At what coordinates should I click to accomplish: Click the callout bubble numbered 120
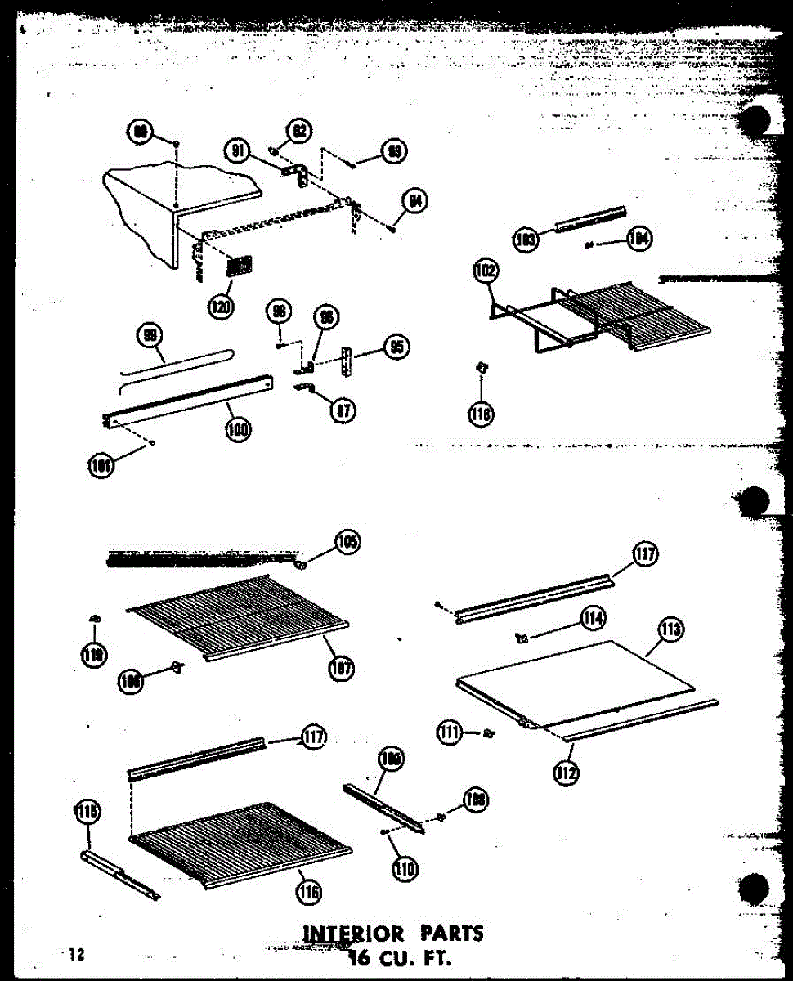tap(220, 307)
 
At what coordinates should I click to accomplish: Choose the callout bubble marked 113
tap(670, 630)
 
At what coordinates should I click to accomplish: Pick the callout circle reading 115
tap(87, 813)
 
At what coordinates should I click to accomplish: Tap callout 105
tap(348, 542)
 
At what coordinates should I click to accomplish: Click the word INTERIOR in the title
tap(353, 933)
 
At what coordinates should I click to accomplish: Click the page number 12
tap(76, 953)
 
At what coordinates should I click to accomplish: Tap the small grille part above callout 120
tap(240, 267)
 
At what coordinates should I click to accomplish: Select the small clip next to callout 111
tap(490, 732)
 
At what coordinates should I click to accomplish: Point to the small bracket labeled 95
tap(349, 361)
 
